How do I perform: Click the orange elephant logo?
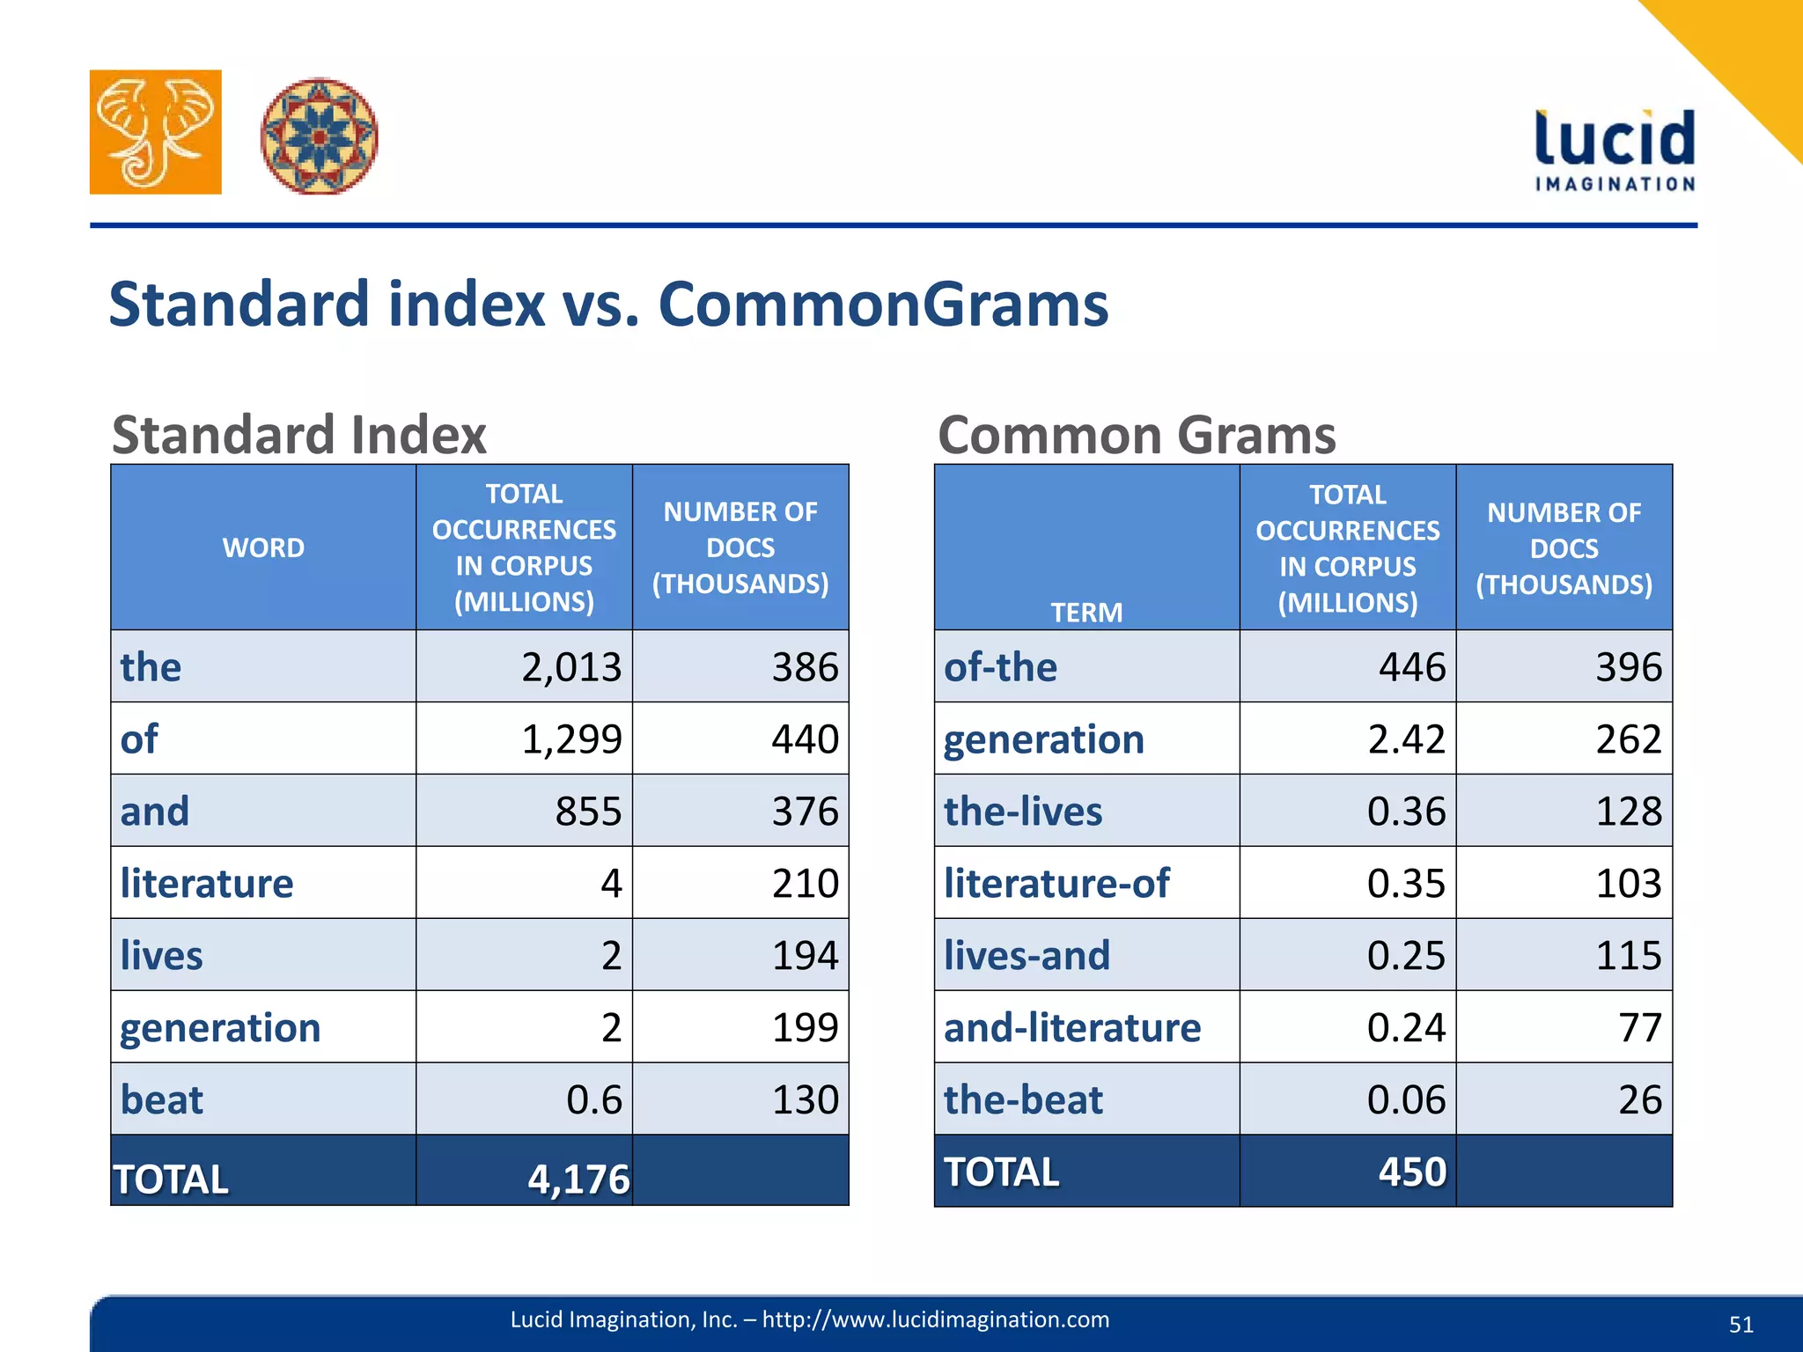[156, 132]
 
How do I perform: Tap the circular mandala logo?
[320, 136]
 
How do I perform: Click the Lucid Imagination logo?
[1615, 150]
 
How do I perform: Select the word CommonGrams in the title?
[883, 305]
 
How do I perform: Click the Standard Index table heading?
[299, 435]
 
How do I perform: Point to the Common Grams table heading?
[1137, 435]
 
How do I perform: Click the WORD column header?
[263, 547]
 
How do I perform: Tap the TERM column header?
[1086, 612]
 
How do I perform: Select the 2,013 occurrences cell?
[571, 667]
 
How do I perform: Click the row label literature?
[207, 883]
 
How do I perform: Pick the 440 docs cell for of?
[805, 738]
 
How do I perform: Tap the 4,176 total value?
[578, 1179]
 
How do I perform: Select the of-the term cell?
[1000, 667]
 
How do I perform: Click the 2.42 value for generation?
[1406, 738]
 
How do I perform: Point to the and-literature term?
[1072, 1027]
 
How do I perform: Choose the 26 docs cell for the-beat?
[1639, 1099]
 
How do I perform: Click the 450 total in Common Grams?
[1412, 1172]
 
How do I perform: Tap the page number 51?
[1740, 1325]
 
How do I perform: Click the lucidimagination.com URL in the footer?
[935, 1319]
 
